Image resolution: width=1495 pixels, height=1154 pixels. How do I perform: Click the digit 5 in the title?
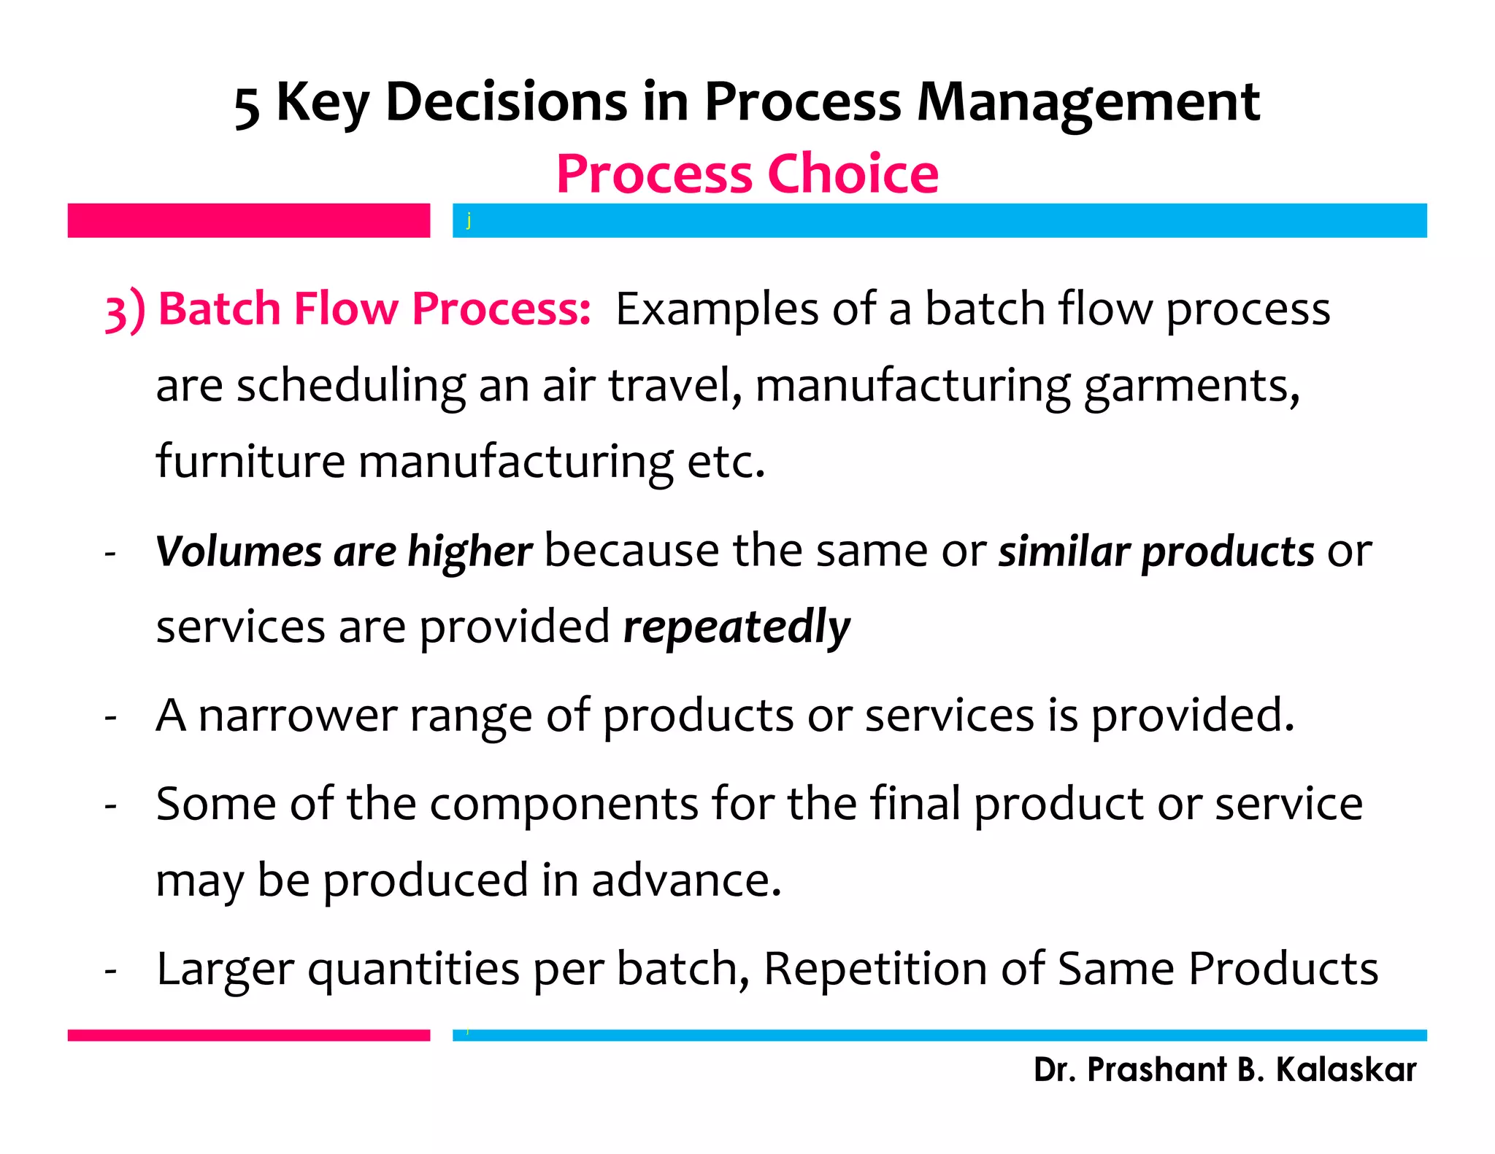pyautogui.click(x=247, y=107)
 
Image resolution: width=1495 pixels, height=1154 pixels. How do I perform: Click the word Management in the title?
pyautogui.click(x=1088, y=102)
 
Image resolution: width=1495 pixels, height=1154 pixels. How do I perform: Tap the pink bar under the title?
pyautogui.click(x=248, y=220)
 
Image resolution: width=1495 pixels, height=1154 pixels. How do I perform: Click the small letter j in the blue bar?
pyautogui.click(x=469, y=220)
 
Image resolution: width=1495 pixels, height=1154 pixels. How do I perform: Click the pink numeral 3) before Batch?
pyautogui.click(x=125, y=310)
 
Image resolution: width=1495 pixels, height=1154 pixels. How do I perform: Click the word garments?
pyautogui.click(x=1191, y=387)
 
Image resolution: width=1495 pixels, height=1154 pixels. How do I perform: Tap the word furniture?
pyautogui.click(x=250, y=461)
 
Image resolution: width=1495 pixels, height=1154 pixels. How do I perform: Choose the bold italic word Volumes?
pyautogui.click(x=238, y=551)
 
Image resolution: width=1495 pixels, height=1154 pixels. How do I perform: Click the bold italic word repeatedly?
pyautogui.click(x=737, y=627)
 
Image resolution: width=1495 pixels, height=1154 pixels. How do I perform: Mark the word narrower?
pyautogui.click(x=297, y=716)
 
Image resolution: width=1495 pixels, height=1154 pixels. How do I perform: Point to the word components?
pyautogui.click(x=564, y=805)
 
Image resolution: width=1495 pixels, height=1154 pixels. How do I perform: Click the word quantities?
pyautogui.click(x=413, y=970)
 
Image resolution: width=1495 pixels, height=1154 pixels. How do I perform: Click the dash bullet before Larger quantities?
pyautogui.click(x=111, y=971)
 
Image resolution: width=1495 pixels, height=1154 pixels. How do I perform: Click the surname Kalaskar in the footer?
pyautogui.click(x=1345, y=1069)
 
